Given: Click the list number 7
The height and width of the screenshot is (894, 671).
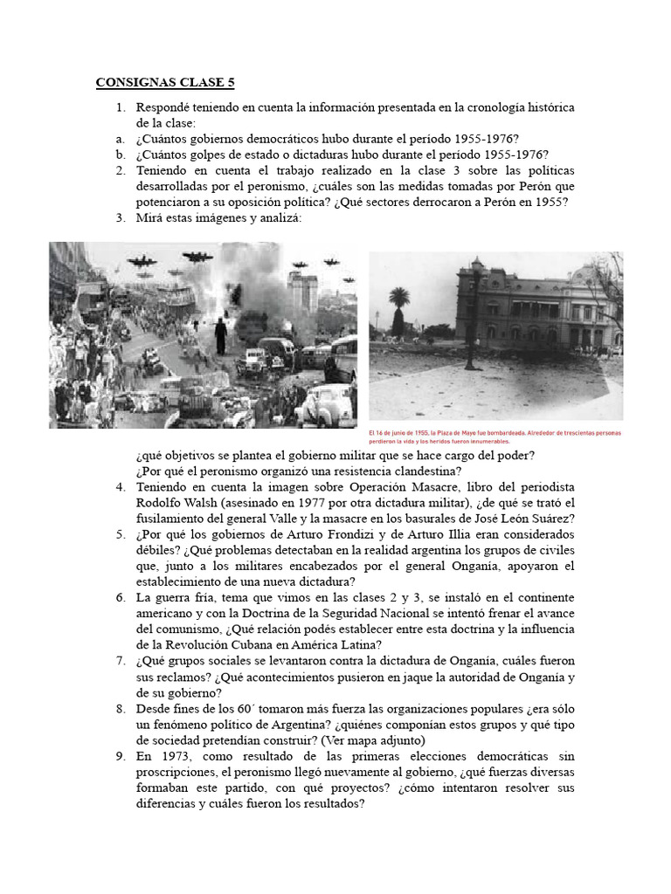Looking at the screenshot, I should pos(121,662).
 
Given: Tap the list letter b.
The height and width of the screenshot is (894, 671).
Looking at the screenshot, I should pos(120,155).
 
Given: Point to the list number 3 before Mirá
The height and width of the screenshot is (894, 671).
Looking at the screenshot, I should pos(121,218).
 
